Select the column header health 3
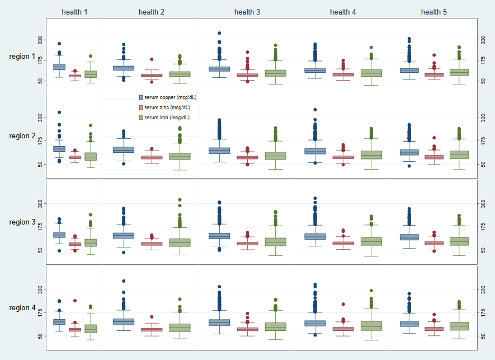pos(247,12)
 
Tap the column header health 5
pos(434,12)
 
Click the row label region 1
pos(22,57)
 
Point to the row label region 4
pos(22,308)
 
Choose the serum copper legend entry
pos(167,97)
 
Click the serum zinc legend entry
pos(164,107)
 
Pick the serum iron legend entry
pos(163,118)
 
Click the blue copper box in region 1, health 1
pos(59,67)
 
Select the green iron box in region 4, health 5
pos(459,326)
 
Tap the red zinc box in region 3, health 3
pos(248,244)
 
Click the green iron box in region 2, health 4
pos(371,155)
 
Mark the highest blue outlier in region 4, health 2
pos(124,281)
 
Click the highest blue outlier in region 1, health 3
pos(219,34)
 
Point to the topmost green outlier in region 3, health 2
pos(180,200)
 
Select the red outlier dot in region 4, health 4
pos(343,304)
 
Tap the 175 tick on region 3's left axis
pos(40,227)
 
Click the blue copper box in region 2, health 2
pos(124,149)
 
